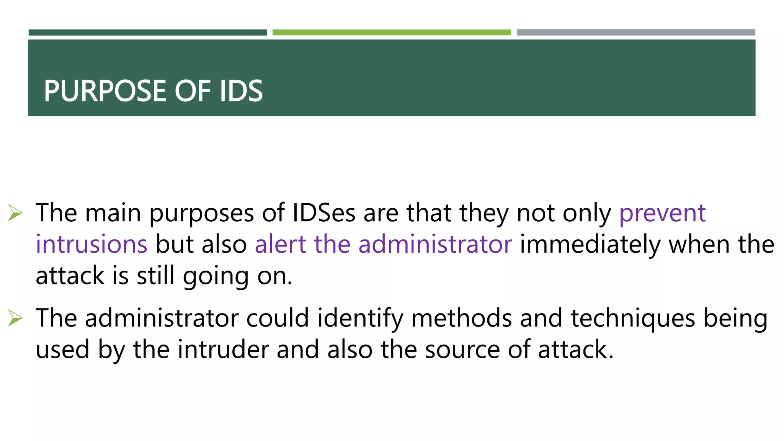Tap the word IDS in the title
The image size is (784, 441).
click(241, 91)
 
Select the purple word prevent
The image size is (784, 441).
click(662, 213)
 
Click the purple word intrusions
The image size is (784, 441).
click(91, 244)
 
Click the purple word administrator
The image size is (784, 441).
click(435, 244)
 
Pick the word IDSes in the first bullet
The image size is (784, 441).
click(323, 213)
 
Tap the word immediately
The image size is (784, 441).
click(590, 245)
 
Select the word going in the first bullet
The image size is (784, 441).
click(216, 276)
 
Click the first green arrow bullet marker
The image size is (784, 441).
click(15, 213)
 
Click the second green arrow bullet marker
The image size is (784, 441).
click(15, 318)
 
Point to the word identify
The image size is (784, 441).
click(360, 319)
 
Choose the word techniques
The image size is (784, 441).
click(633, 319)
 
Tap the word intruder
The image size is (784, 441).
click(223, 350)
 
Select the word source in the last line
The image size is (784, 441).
click(462, 350)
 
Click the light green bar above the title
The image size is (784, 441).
click(391, 33)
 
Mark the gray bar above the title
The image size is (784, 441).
click(636, 33)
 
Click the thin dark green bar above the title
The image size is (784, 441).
click(147, 33)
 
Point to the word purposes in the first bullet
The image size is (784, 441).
click(201, 214)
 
